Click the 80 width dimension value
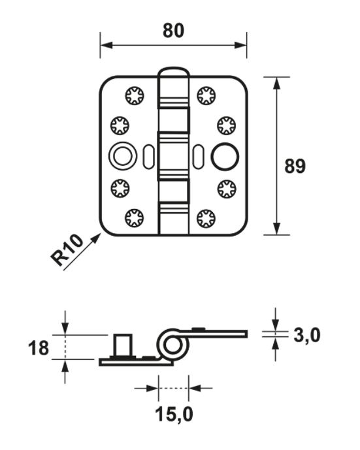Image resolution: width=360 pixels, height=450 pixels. (x=173, y=30)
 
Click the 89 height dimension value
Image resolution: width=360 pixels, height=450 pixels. (x=295, y=166)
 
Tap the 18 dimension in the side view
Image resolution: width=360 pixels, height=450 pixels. (x=39, y=348)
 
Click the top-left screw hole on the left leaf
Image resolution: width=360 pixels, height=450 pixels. (x=134, y=96)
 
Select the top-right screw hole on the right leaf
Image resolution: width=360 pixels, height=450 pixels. (x=206, y=96)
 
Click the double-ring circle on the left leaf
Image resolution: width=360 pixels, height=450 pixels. (x=120, y=157)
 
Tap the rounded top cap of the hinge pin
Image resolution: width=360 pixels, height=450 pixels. (x=174, y=71)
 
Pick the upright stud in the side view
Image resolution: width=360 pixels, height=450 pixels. (x=122, y=345)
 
